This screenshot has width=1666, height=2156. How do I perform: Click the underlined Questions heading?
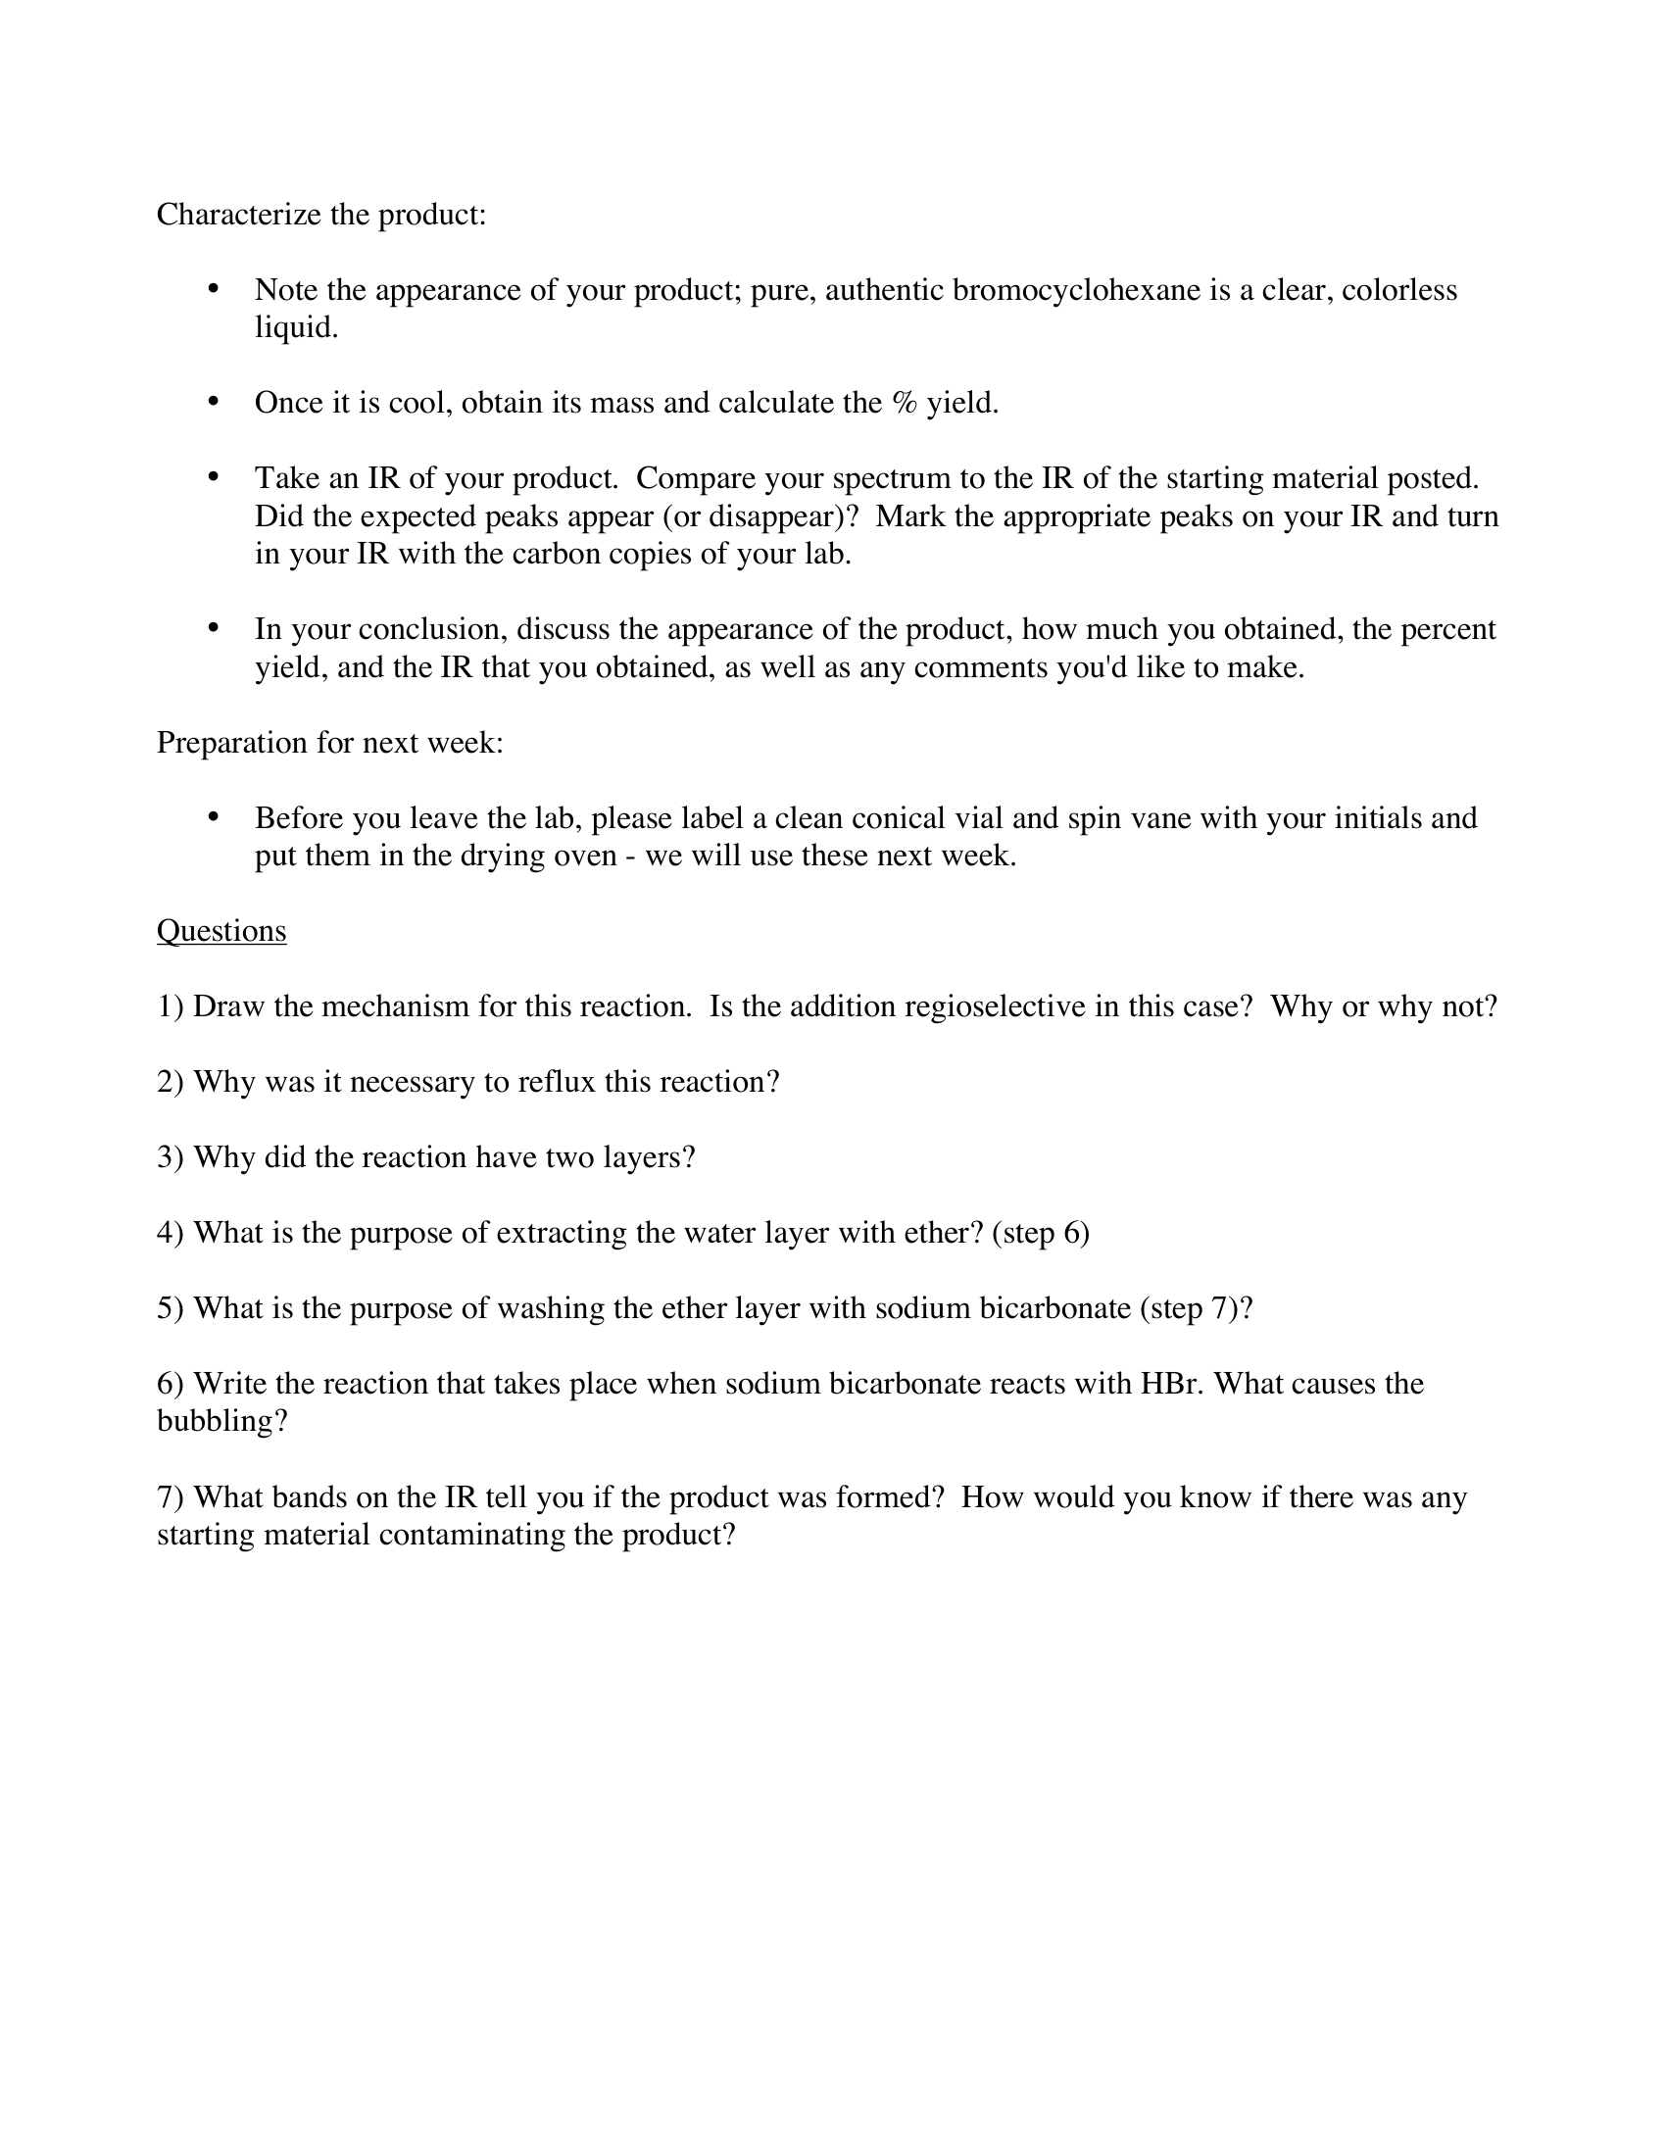pos(221,931)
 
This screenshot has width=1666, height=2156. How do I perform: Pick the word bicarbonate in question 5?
pos(1054,1308)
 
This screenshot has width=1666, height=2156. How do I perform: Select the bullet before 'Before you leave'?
pos(213,817)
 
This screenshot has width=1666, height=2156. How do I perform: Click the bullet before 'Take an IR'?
pos(213,478)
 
